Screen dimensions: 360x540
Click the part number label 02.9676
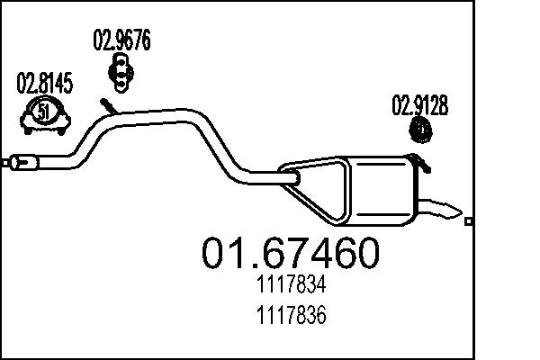121,40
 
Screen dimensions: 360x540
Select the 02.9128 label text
419,105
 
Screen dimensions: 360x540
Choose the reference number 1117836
287,317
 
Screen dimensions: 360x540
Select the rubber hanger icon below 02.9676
121,69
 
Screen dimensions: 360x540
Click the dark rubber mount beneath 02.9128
420,131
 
